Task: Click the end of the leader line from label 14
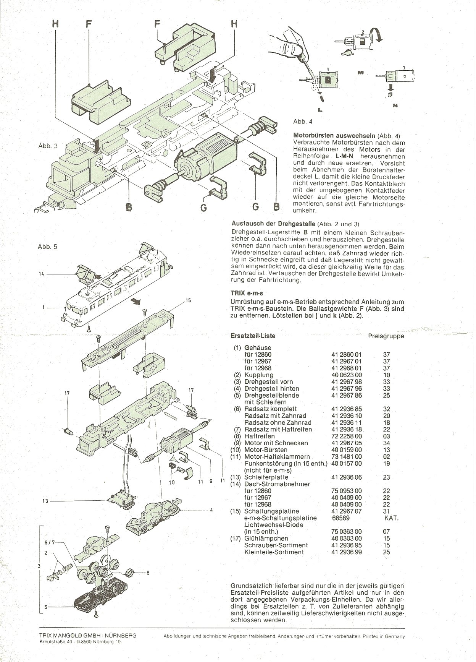pos(76,274)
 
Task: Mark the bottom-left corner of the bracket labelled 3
pos(40,624)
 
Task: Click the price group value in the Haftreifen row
pos(386,436)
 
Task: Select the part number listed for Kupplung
pos(346,375)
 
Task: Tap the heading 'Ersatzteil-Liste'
pos(253,336)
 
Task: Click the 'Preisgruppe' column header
pos(386,336)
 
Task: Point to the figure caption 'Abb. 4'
pos(303,122)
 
